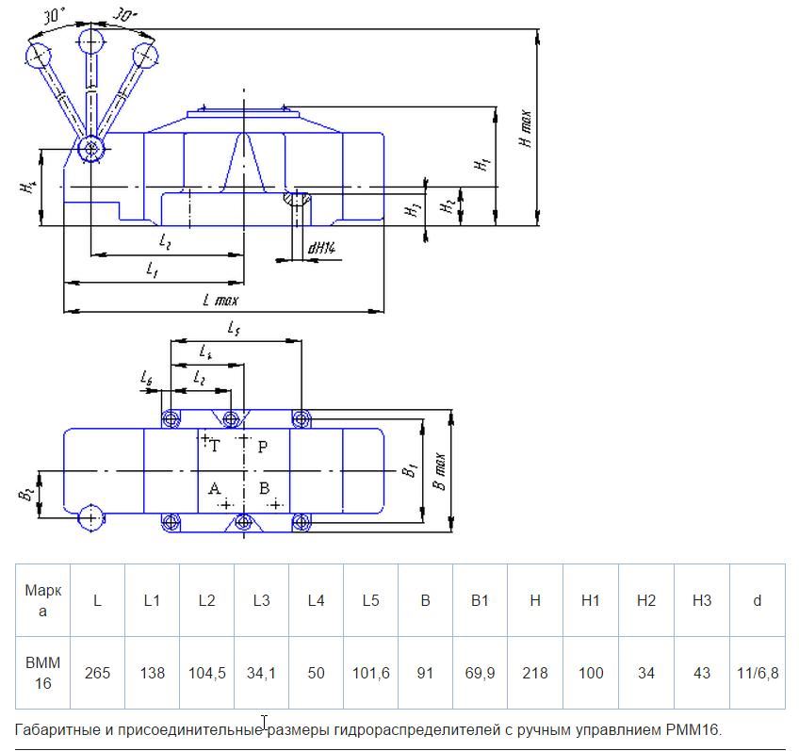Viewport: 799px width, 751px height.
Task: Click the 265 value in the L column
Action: (97, 673)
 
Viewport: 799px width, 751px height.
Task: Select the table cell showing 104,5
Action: (206, 673)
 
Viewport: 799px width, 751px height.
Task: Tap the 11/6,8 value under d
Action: (757, 673)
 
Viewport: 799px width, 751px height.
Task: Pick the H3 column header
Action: (701, 600)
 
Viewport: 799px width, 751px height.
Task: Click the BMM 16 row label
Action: (42, 673)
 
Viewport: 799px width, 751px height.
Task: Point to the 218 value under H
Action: (534, 673)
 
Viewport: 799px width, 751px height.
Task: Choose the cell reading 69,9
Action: (480, 673)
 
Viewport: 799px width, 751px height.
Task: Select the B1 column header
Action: (480, 600)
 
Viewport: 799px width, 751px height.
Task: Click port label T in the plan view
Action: (215, 447)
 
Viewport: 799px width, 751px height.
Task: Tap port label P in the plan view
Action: (263, 447)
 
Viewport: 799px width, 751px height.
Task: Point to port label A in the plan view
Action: (214, 488)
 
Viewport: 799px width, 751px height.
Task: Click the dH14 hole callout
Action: (321, 248)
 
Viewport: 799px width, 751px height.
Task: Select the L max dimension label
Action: (220, 300)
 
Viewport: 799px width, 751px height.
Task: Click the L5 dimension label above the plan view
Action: (234, 328)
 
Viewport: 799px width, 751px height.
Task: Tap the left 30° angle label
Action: (55, 15)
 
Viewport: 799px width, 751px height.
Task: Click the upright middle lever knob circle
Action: (91, 41)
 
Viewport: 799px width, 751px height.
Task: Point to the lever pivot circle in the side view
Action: (91, 148)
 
